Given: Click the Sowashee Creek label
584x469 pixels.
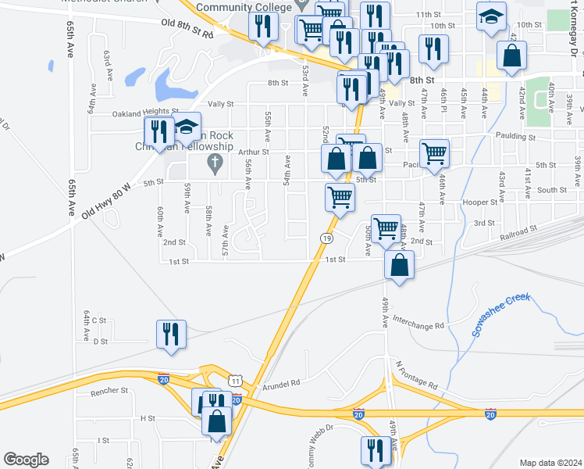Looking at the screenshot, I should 500,315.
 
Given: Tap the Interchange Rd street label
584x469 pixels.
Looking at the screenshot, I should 418,321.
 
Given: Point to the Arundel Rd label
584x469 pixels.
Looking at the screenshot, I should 281,384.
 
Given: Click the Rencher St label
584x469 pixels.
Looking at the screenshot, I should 109,390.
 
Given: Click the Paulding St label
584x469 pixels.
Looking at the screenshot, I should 516,137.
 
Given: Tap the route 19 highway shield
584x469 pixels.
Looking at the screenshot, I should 326,238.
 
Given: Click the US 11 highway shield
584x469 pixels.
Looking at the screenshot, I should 234,380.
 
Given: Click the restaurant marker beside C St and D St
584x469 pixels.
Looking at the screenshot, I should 171,334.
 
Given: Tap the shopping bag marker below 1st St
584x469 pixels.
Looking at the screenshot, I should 399,265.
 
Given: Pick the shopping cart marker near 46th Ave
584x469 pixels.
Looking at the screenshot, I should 435,153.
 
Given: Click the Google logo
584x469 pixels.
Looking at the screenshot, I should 26,460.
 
